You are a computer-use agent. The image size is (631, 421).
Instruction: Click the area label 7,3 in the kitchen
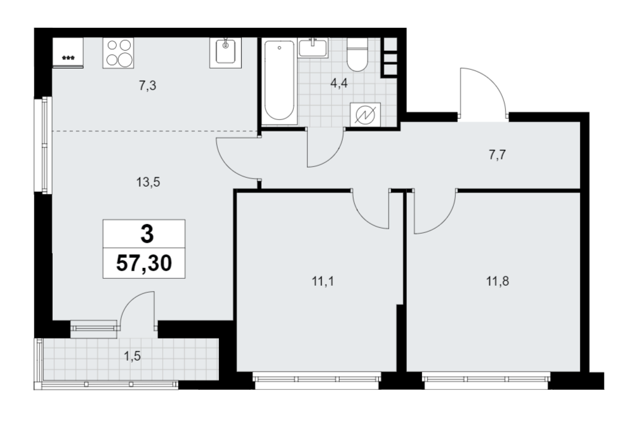point(147,85)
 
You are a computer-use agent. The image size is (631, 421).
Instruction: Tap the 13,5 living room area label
point(148,182)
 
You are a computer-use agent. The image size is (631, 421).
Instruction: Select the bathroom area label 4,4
point(339,84)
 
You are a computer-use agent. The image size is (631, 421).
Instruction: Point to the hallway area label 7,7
point(498,154)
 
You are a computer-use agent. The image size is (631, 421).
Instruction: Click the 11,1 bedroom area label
point(322,281)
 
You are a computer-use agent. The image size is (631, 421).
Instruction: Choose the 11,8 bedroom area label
point(498,281)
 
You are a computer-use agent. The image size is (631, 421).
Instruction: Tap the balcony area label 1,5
point(133,356)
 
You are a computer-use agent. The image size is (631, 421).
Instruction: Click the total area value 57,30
point(144,264)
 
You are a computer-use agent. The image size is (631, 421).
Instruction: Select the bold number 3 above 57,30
point(147,234)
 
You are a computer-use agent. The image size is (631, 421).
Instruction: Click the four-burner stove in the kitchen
point(118,53)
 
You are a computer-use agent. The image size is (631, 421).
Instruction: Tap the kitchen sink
point(225,53)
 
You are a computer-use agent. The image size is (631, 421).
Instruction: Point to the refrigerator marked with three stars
point(68,53)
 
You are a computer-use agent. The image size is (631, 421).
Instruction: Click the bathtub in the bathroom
point(280,82)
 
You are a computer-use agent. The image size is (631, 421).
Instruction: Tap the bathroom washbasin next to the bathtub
point(313,48)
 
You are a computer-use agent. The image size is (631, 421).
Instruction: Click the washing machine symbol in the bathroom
point(366,115)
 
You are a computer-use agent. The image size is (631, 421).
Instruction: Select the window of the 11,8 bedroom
point(486,379)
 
